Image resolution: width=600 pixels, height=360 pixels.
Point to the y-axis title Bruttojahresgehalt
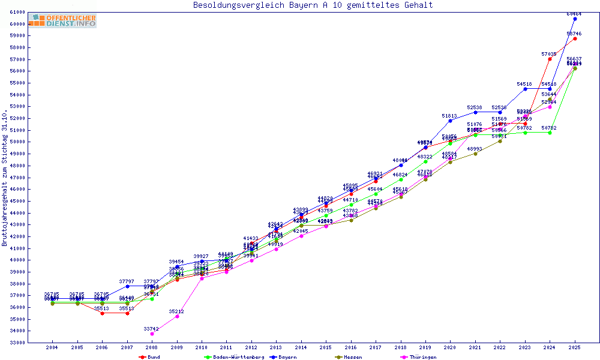click(x=5, y=178)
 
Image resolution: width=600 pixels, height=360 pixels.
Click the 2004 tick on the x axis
click(x=52, y=347)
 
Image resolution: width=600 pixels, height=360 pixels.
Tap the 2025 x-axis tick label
click(x=575, y=347)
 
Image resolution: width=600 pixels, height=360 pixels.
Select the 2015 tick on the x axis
click(x=326, y=347)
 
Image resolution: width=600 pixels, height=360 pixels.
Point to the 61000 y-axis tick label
click(x=17, y=12)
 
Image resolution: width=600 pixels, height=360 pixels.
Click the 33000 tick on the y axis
click(x=17, y=343)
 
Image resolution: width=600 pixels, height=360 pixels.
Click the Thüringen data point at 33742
click(x=152, y=334)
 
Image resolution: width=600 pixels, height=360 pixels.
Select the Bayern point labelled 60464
click(x=575, y=19)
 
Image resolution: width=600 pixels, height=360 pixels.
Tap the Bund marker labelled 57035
click(x=550, y=59)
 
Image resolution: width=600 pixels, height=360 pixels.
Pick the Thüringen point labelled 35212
click(x=177, y=316)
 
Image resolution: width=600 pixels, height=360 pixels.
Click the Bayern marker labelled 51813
click(x=450, y=121)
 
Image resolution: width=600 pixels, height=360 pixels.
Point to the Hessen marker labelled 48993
click(x=475, y=154)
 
